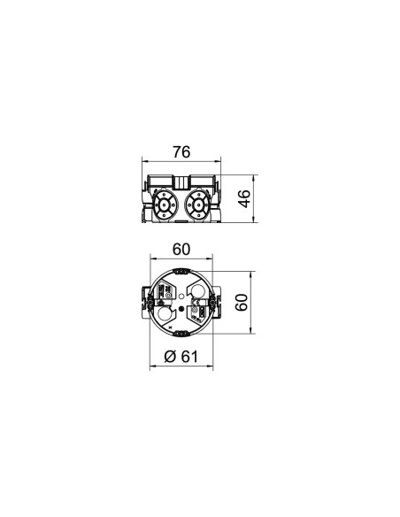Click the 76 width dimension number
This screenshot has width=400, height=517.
coord(181,152)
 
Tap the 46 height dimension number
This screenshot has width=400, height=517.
coord(245,199)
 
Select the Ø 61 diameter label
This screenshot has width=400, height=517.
coord(181,357)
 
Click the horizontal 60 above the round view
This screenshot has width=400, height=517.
coord(181,250)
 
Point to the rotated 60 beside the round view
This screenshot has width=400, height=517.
coord(242,303)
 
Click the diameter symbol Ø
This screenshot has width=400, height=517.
coord(170,357)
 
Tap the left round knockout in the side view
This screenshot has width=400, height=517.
coord(164,205)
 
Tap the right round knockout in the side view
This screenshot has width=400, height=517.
coord(199,205)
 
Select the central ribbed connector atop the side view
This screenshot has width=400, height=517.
coord(181,182)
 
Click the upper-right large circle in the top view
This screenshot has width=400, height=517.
coord(198,290)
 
